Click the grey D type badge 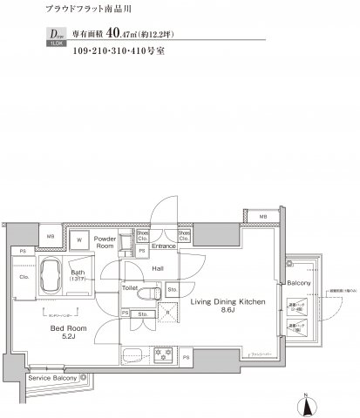click(48, 37)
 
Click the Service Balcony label click(53, 379)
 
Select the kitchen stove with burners click(163, 356)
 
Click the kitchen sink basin click(133, 355)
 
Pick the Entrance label click(164, 246)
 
